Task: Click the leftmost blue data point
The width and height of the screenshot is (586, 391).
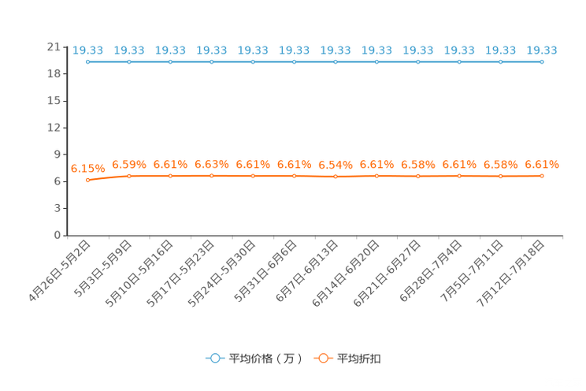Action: [88, 61]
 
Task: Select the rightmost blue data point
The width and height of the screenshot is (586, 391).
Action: [541, 61]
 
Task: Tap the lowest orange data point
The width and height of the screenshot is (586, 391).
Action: [88, 180]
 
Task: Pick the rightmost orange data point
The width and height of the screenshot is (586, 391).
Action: [541, 176]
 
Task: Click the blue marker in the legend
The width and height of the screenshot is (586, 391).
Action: [214, 359]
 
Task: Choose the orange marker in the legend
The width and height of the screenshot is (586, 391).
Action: [322, 359]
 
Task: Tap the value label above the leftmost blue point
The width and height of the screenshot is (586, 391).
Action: [88, 50]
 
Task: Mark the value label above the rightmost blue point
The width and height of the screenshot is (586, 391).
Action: [541, 50]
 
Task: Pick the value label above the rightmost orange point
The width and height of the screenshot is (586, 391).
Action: [541, 165]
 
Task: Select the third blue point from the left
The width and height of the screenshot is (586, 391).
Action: [171, 61]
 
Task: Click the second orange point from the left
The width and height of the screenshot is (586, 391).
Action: [129, 176]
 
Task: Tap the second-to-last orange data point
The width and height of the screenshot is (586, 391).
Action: [500, 176]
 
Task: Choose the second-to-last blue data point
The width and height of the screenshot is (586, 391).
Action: [500, 61]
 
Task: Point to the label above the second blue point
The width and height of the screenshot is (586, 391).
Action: [129, 50]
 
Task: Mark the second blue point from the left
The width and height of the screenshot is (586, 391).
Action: [129, 61]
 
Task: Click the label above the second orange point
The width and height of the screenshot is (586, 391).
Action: [129, 164]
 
